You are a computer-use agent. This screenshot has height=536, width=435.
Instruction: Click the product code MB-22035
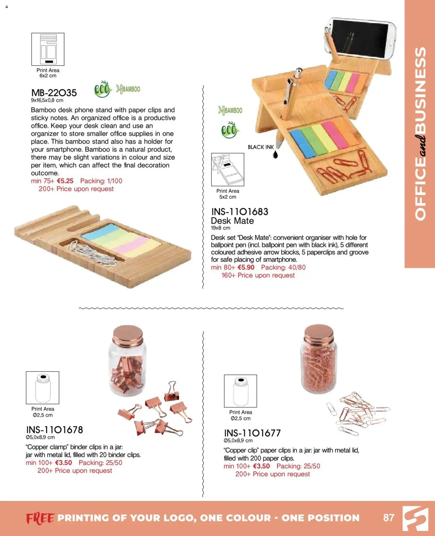tap(54, 93)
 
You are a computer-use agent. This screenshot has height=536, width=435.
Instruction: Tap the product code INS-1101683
tap(240, 212)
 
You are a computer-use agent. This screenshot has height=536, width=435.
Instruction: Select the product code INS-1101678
tap(54, 430)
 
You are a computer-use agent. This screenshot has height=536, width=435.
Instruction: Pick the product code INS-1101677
tap(252, 433)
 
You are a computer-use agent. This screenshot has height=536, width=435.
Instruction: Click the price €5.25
tap(65, 181)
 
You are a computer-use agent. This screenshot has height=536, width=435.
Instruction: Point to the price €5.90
tap(246, 267)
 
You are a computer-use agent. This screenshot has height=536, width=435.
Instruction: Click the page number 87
tap(389, 517)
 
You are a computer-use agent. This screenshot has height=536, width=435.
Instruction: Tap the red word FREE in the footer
tap(40, 518)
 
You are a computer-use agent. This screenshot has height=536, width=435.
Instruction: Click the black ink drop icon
tap(275, 154)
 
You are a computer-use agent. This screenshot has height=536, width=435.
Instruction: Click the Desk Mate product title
tap(232, 221)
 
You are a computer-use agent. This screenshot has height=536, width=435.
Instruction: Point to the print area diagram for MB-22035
tap(48, 49)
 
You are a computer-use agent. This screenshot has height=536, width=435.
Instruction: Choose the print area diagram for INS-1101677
tap(240, 391)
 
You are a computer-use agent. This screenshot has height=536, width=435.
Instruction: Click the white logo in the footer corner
tap(416, 518)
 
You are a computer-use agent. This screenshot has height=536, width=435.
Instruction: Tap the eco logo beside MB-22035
tap(102, 89)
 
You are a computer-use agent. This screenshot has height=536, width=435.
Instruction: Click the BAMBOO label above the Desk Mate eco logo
tap(230, 110)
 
